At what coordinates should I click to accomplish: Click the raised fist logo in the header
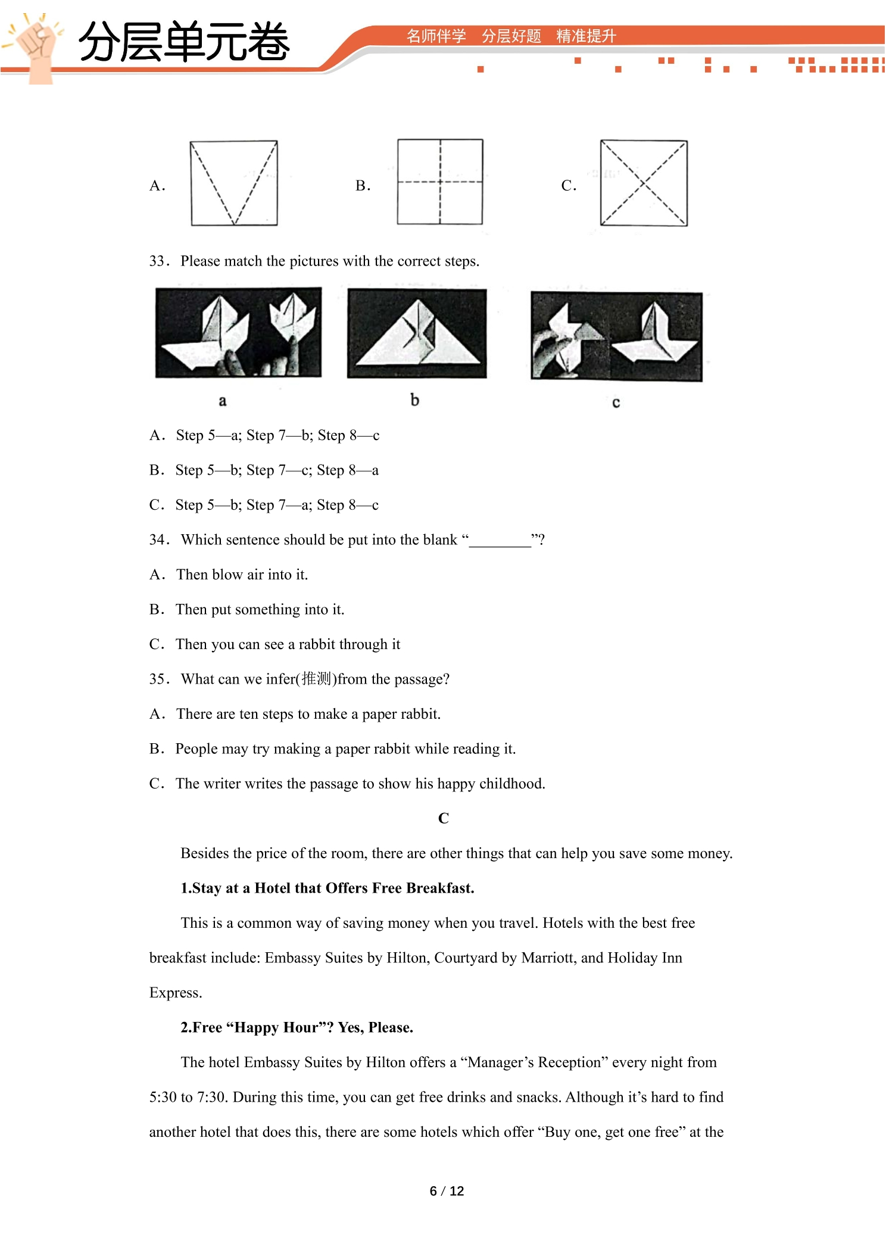pyautogui.click(x=36, y=48)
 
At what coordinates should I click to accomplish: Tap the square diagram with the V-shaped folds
pyautogui.click(x=234, y=183)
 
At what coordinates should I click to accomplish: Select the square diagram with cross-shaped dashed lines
pyautogui.click(x=440, y=182)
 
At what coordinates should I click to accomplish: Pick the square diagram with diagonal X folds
pyautogui.click(x=644, y=183)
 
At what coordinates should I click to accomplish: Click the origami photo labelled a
pyautogui.click(x=238, y=332)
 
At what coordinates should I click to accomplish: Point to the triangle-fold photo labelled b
pyautogui.click(x=417, y=333)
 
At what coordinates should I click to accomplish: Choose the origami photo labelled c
pyautogui.click(x=616, y=336)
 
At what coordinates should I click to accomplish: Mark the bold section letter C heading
pyautogui.click(x=444, y=818)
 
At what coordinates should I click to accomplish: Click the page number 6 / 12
pyautogui.click(x=447, y=1190)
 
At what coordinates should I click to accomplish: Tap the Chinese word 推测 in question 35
pyautogui.click(x=316, y=678)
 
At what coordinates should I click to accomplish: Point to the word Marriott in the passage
pyautogui.click(x=548, y=958)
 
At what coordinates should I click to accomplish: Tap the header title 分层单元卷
pyautogui.click(x=183, y=42)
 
